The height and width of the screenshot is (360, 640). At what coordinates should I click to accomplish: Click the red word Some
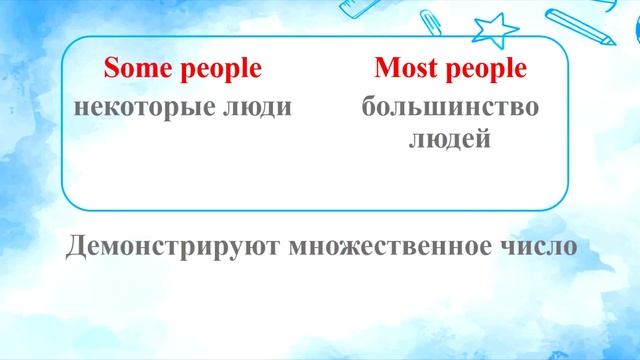(138, 69)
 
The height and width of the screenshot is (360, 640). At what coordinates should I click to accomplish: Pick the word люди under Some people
(260, 106)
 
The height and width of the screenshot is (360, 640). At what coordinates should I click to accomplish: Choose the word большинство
(450, 106)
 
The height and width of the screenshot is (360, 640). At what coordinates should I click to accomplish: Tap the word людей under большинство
(450, 139)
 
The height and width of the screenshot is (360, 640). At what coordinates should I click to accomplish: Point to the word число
(540, 246)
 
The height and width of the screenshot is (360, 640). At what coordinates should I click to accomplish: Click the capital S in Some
(111, 69)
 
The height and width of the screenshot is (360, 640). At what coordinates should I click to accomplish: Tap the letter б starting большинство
(368, 105)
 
